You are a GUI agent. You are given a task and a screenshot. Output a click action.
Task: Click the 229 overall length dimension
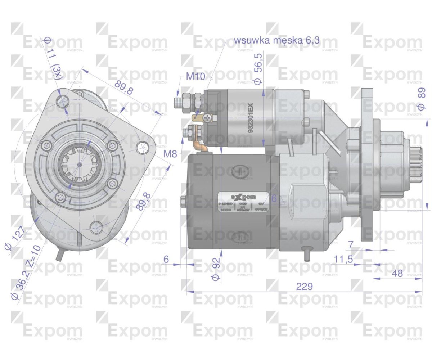click(x=304, y=287)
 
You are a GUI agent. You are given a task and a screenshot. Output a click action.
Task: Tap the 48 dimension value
click(x=397, y=273)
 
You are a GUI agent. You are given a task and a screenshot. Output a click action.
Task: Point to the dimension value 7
click(x=351, y=245)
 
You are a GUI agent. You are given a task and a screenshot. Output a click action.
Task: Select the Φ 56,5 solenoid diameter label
click(x=258, y=69)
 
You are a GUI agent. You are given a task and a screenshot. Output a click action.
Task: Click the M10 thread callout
click(x=195, y=76)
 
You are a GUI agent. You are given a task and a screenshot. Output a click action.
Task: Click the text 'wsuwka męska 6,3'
click(x=276, y=40)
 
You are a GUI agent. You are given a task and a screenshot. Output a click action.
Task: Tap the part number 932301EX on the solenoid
click(x=251, y=118)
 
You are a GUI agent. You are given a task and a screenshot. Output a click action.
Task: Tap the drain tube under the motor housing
click(x=307, y=254)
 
